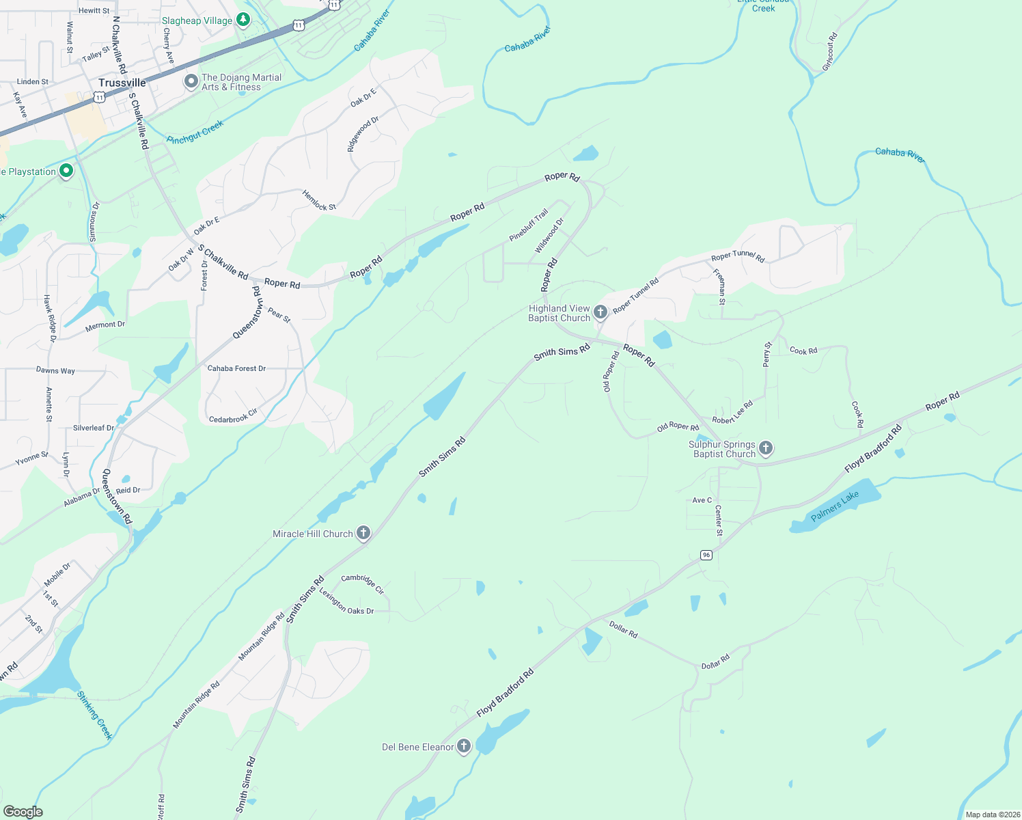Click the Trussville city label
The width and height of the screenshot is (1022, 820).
pos(122,83)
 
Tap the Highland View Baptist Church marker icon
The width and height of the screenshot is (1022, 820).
pos(600,312)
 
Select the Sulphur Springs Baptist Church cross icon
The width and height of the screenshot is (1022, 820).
pos(766,448)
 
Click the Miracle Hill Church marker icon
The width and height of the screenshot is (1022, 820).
pos(363,533)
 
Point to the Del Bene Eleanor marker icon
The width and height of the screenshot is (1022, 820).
pos(464,746)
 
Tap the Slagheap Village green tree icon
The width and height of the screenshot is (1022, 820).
pos(243,20)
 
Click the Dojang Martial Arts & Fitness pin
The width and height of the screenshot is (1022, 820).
pos(191,81)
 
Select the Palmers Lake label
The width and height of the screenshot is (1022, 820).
pos(835,506)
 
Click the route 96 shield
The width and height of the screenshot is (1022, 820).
pos(706,555)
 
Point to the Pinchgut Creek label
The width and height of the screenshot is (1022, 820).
pos(195,132)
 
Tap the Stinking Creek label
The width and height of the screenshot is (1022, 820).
pos(94,715)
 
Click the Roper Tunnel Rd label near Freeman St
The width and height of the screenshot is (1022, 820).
pos(738,256)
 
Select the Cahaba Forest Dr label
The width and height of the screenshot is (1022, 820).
pos(236,368)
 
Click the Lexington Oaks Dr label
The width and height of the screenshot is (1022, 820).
pos(346,602)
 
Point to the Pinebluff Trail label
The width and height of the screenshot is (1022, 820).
pos(529,225)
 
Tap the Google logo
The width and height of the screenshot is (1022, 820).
pos(23,811)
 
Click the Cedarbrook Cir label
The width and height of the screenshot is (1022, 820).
pos(233,416)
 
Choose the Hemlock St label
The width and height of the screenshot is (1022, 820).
pos(319,200)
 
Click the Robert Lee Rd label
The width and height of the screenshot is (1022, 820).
pos(732,412)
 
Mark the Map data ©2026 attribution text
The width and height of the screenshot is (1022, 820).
pos(993,815)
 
